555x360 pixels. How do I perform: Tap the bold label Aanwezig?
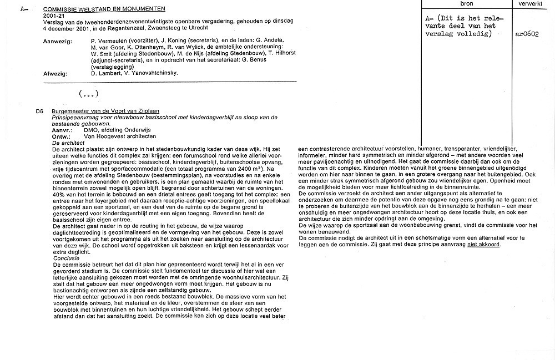point(57,41)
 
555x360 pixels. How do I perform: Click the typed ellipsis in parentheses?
point(89,94)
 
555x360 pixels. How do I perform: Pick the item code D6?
point(39,111)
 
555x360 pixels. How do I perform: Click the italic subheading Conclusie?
point(65,258)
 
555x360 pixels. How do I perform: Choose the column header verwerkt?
point(530,3)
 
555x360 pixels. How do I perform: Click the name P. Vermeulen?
point(110,41)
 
